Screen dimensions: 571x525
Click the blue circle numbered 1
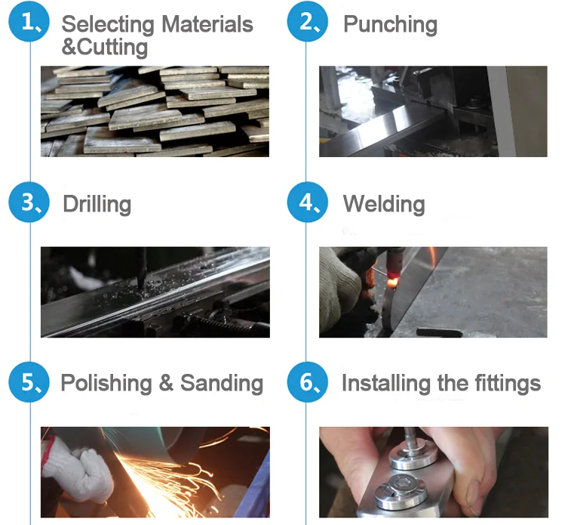(x=29, y=21)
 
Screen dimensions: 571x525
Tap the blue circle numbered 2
(x=307, y=21)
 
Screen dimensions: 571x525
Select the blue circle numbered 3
(x=29, y=202)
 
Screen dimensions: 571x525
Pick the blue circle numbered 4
(x=307, y=202)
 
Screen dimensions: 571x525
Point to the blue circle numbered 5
(x=29, y=381)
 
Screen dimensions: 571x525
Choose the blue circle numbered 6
(x=307, y=381)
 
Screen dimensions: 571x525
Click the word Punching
(x=391, y=25)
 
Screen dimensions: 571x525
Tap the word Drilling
(x=97, y=205)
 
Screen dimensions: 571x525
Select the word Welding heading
(x=384, y=204)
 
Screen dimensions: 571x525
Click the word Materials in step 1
(x=207, y=24)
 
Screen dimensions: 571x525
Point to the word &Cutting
(x=105, y=48)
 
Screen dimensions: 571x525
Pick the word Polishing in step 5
(x=106, y=384)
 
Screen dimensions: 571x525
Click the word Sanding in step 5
(x=222, y=384)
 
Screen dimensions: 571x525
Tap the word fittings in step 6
(x=508, y=384)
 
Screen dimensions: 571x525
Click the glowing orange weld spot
(x=393, y=282)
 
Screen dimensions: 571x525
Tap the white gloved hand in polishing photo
(x=78, y=471)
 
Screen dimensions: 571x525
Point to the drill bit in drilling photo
(x=143, y=269)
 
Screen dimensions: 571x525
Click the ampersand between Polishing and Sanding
(x=166, y=383)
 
